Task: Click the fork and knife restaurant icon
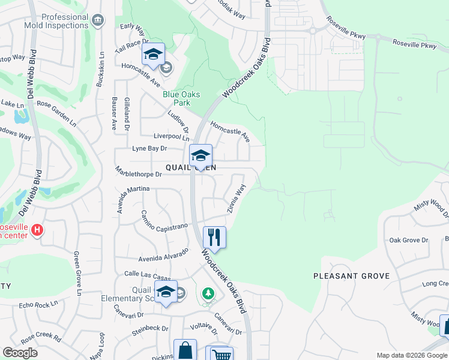(214, 237)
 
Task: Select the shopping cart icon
(220, 354)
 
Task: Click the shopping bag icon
(185, 350)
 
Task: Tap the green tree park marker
(208, 294)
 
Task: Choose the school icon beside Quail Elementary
(166, 293)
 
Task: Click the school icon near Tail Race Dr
(153, 55)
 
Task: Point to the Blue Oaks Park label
(181, 98)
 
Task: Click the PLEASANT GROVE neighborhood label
(351, 276)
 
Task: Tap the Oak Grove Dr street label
(408, 240)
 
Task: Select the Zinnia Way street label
(236, 199)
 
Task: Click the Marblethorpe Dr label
(139, 175)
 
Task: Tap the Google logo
(20, 353)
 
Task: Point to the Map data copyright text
(411, 355)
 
